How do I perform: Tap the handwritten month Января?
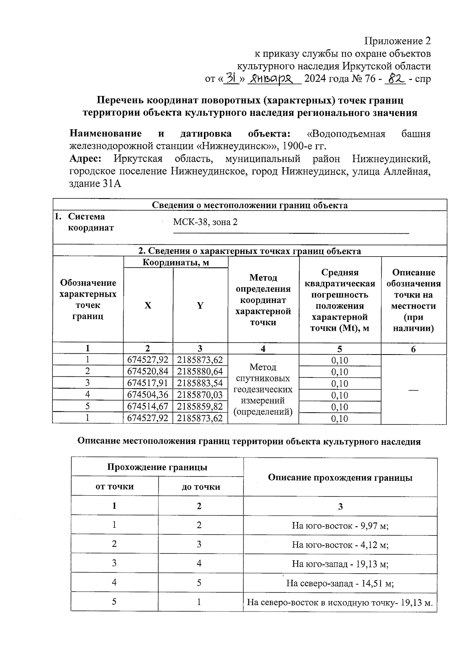click(274, 79)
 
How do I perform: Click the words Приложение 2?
click(397, 41)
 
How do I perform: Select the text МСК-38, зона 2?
click(205, 222)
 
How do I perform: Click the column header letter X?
click(148, 305)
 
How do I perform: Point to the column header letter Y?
click(200, 305)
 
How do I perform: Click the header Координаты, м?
click(176, 262)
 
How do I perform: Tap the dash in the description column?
click(413, 389)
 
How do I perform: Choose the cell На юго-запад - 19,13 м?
click(340, 564)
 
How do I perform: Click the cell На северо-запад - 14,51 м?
click(340, 583)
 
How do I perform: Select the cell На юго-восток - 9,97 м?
click(340, 525)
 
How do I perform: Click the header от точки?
click(114, 486)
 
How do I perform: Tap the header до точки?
click(201, 487)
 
